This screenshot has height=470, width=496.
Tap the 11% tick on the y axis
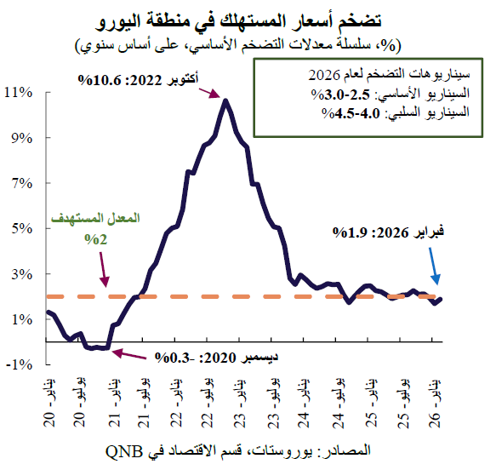point(20,92)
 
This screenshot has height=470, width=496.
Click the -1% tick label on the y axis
point(20,364)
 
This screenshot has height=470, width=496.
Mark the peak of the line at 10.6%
point(225,100)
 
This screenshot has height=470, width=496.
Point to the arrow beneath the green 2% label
point(104,272)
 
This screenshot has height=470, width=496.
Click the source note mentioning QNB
point(251,449)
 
